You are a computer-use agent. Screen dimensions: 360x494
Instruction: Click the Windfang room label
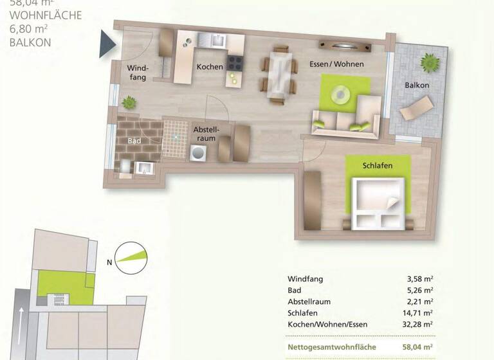tap(138, 72)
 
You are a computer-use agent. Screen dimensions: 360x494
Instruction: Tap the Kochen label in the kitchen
tap(210, 67)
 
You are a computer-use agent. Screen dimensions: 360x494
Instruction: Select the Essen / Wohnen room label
tap(336, 64)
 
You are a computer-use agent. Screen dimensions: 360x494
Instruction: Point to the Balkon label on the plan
tap(417, 85)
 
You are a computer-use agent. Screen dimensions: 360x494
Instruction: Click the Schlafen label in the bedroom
tap(377, 165)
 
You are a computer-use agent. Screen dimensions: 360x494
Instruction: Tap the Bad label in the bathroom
tap(134, 140)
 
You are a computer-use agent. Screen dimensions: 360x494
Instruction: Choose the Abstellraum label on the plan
tap(206, 133)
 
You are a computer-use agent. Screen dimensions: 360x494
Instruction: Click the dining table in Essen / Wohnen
tap(279, 74)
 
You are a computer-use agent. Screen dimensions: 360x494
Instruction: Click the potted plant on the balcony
tap(428, 63)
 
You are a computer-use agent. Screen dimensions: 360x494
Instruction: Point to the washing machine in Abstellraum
tap(199, 153)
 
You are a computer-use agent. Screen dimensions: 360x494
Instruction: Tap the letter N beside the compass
tap(110, 261)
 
